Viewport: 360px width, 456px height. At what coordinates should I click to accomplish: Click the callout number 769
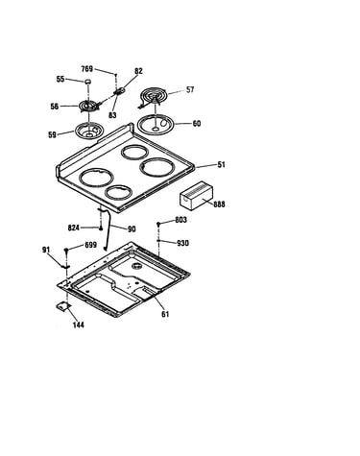[x=87, y=69]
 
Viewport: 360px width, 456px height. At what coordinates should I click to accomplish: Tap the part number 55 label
[x=60, y=79]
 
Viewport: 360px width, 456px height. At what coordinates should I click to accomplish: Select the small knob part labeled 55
[x=87, y=82]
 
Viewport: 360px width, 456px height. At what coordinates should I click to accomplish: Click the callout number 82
[x=138, y=71]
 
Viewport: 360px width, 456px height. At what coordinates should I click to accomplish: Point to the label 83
[x=112, y=115]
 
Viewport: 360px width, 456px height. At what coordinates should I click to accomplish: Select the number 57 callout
[x=190, y=89]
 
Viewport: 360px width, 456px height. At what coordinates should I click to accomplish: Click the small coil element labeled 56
[x=88, y=107]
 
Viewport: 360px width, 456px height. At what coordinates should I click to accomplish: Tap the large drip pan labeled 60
[x=156, y=125]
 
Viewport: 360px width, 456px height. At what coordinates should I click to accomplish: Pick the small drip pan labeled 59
[x=87, y=132]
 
